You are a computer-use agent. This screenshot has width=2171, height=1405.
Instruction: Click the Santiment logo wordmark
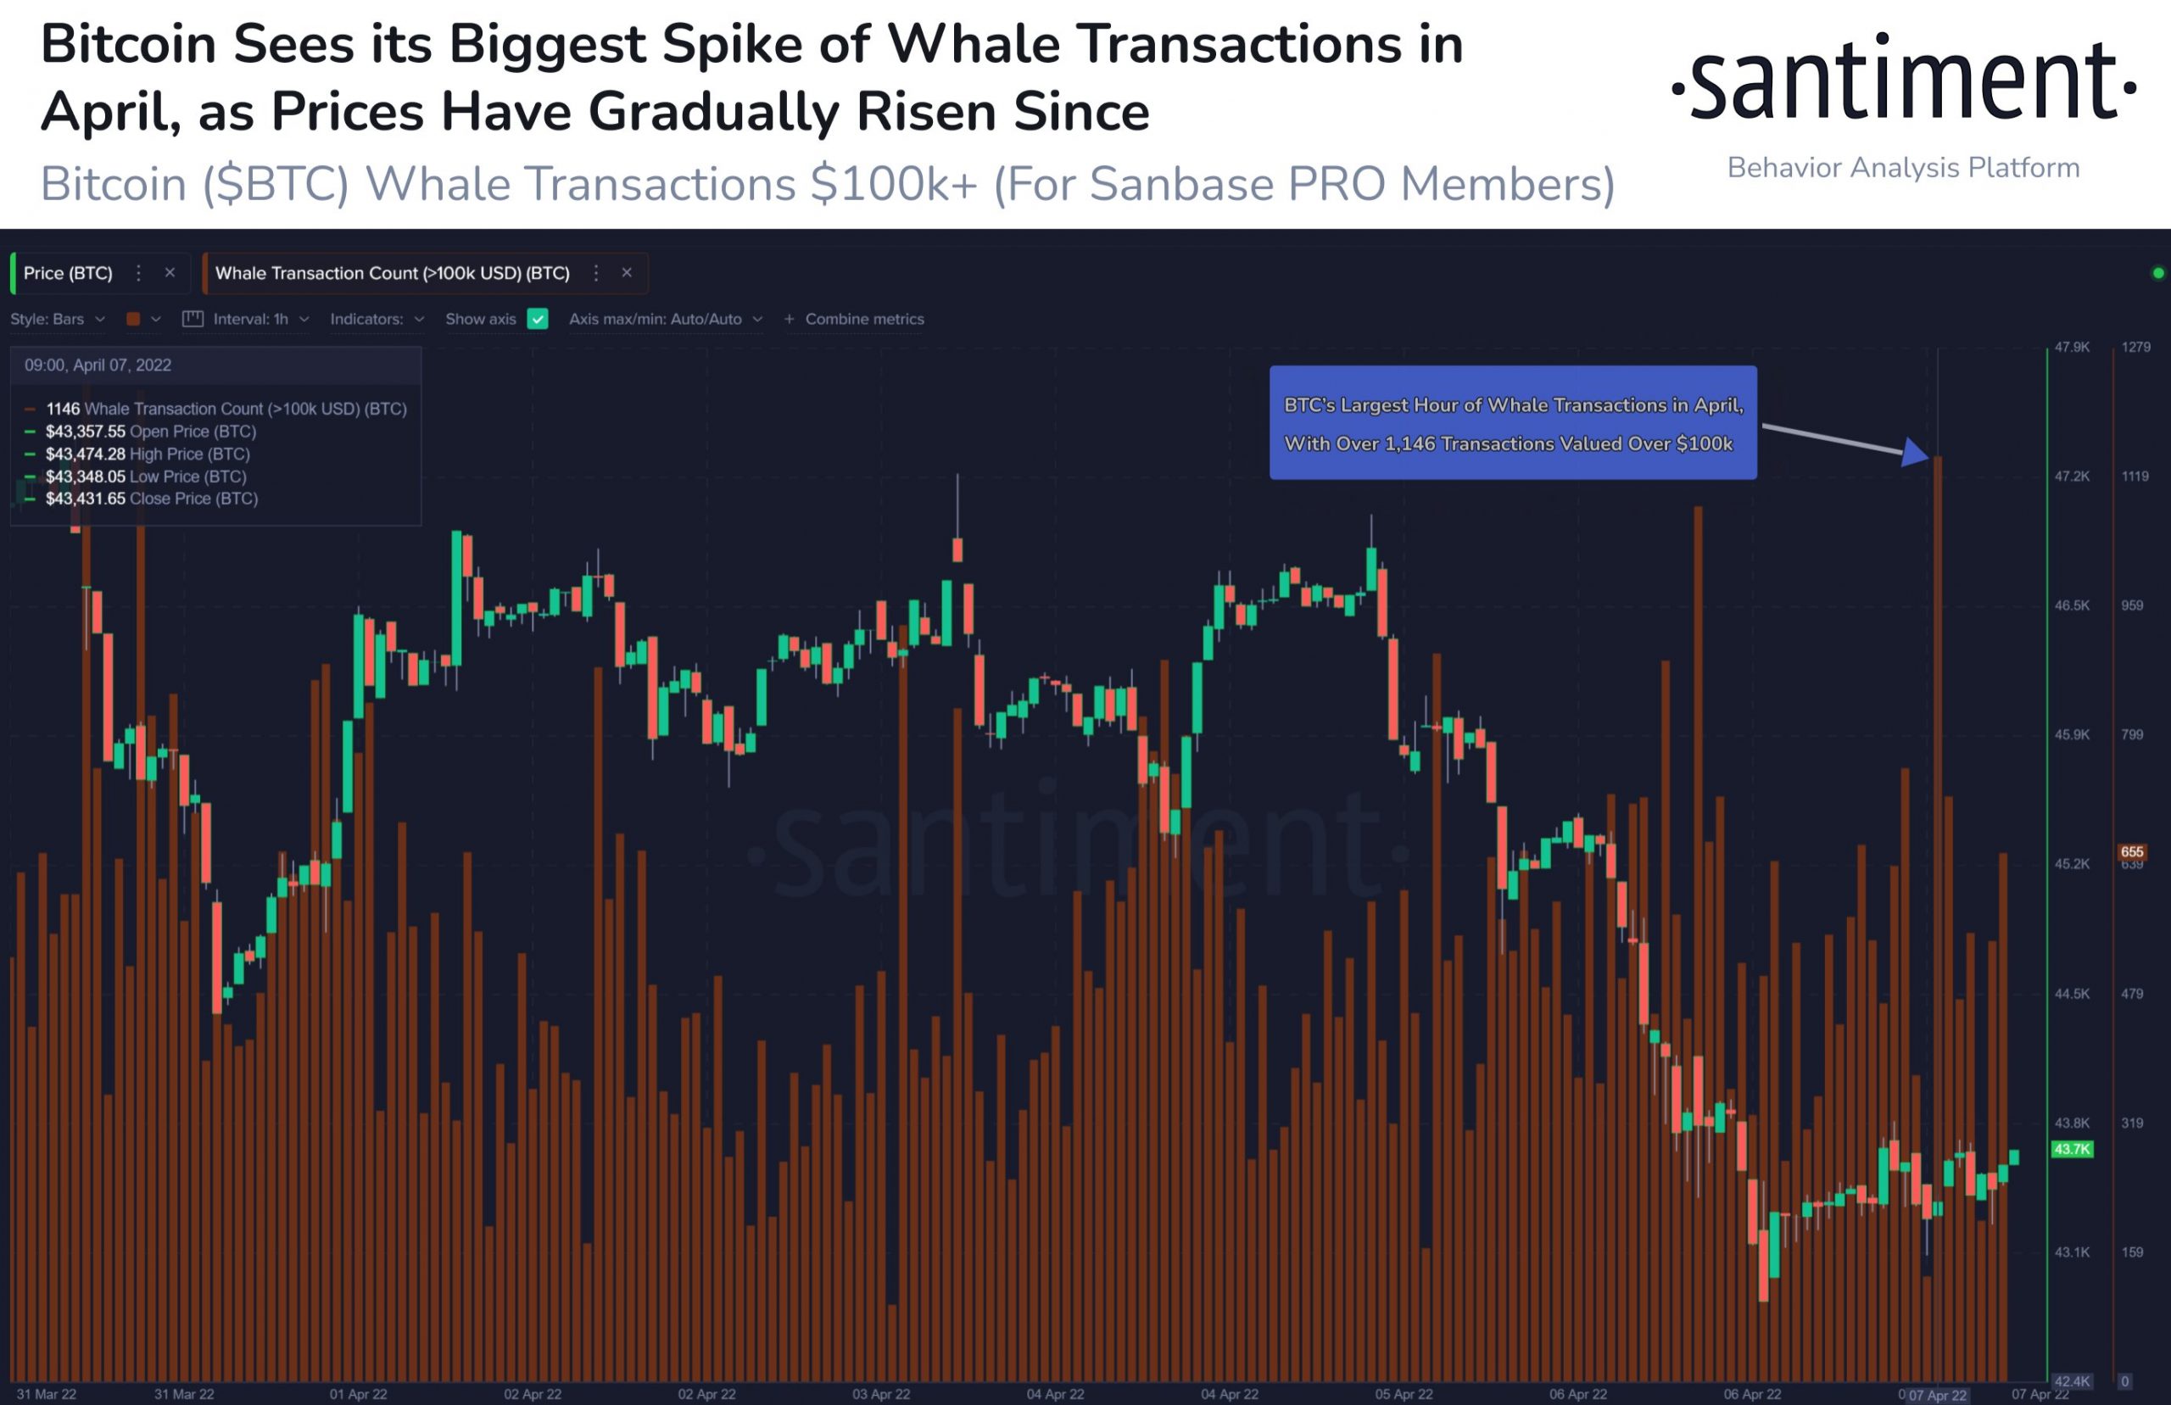tap(1903, 82)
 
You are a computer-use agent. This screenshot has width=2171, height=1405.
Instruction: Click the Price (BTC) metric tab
tap(69, 273)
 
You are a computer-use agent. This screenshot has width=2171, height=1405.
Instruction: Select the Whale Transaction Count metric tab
tap(393, 273)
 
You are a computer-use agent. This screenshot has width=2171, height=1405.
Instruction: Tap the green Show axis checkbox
tap(539, 320)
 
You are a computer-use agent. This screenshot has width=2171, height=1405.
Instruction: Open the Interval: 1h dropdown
tap(251, 320)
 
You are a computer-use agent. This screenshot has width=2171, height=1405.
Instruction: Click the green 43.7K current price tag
tap(2071, 1149)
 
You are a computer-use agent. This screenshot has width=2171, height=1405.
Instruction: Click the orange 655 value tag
tap(2132, 851)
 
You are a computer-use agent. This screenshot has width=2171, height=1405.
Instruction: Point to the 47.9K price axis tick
tap(2072, 348)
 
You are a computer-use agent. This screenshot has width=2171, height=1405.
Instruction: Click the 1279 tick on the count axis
tap(2135, 348)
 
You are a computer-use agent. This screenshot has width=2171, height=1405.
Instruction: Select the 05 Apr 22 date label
tap(1404, 1394)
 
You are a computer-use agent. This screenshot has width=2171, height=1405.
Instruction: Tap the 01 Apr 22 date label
tap(359, 1394)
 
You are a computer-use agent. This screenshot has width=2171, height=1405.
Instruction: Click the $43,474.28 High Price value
tap(86, 454)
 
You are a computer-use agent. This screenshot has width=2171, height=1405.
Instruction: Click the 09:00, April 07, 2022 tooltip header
tap(98, 365)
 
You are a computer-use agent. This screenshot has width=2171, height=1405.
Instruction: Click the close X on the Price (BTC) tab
tap(170, 273)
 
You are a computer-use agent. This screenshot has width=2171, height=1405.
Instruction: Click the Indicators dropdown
tap(377, 320)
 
